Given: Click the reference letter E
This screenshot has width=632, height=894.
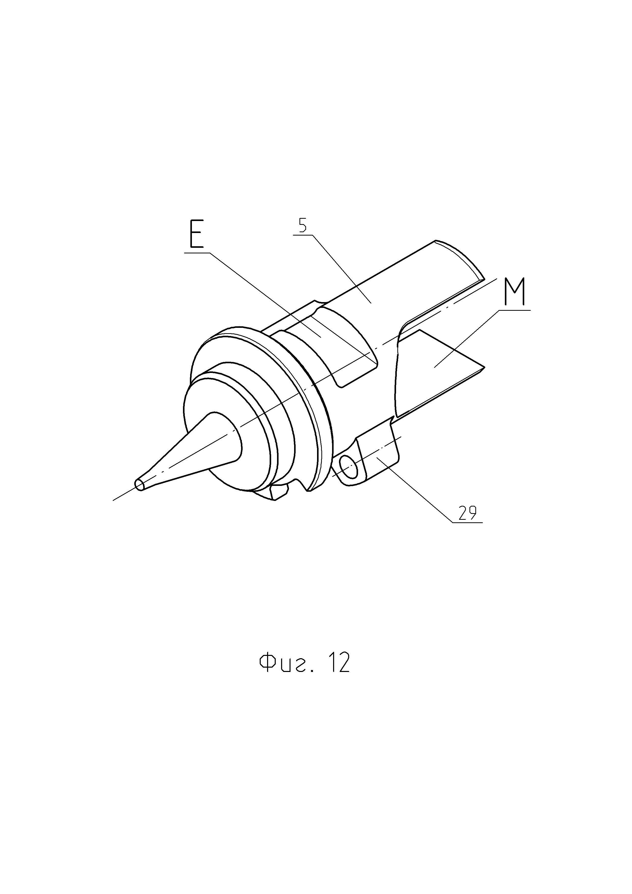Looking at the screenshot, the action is (x=196, y=234).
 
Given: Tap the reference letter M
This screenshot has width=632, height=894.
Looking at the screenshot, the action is (x=515, y=291).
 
